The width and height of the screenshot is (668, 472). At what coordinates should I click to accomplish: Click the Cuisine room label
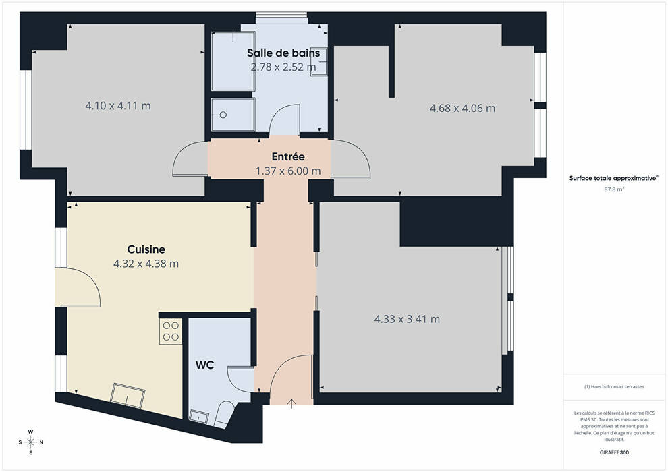tap(146, 249)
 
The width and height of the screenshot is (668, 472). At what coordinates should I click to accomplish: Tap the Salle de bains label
tap(283, 53)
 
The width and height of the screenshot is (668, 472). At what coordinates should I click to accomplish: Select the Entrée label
tap(288, 156)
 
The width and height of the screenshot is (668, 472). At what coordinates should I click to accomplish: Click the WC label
tap(204, 365)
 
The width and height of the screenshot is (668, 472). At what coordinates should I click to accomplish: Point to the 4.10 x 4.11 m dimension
tap(118, 106)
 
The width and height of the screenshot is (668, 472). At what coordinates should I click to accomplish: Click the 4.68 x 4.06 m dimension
tap(462, 108)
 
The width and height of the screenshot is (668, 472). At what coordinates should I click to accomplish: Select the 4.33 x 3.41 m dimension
tap(407, 319)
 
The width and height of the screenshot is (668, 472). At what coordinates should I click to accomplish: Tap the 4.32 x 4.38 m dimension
tap(146, 264)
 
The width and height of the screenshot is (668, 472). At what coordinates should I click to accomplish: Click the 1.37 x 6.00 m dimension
tap(288, 171)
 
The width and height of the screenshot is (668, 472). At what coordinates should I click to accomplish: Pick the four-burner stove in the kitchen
tap(171, 332)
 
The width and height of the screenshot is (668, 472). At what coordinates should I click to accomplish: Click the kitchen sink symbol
tap(128, 396)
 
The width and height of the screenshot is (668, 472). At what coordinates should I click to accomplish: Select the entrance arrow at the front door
tap(291, 403)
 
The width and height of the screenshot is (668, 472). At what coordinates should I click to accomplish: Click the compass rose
tap(30, 442)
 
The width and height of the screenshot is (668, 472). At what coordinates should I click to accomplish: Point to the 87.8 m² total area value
tap(614, 189)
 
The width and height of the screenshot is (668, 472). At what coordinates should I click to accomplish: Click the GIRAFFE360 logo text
tap(614, 452)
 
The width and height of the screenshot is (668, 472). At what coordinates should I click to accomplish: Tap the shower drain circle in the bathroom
tap(223, 115)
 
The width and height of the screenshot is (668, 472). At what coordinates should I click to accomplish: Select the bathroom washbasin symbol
tap(318, 61)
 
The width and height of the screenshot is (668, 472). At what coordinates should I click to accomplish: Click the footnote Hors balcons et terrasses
tap(614, 387)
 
